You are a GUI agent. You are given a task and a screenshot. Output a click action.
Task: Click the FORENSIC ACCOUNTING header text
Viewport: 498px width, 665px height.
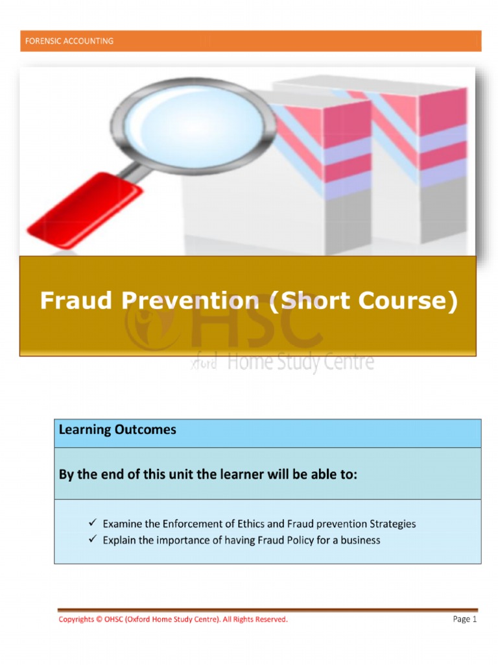(x=69, y=41)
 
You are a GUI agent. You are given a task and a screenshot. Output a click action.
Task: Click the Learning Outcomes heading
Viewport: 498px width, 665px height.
(x=117, y=430)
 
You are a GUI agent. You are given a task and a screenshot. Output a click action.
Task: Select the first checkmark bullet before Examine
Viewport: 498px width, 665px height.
(x=93, y=523)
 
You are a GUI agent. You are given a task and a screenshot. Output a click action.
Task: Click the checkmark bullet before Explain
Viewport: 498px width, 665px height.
(x=93, y=540)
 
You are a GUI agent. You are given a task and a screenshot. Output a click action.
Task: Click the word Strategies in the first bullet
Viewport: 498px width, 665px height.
(x=392, y=523)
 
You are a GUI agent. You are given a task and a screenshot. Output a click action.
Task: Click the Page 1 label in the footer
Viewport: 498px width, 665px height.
(x=465, y=620)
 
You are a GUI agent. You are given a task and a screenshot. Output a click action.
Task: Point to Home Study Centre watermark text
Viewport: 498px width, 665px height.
(x=300, y=362)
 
